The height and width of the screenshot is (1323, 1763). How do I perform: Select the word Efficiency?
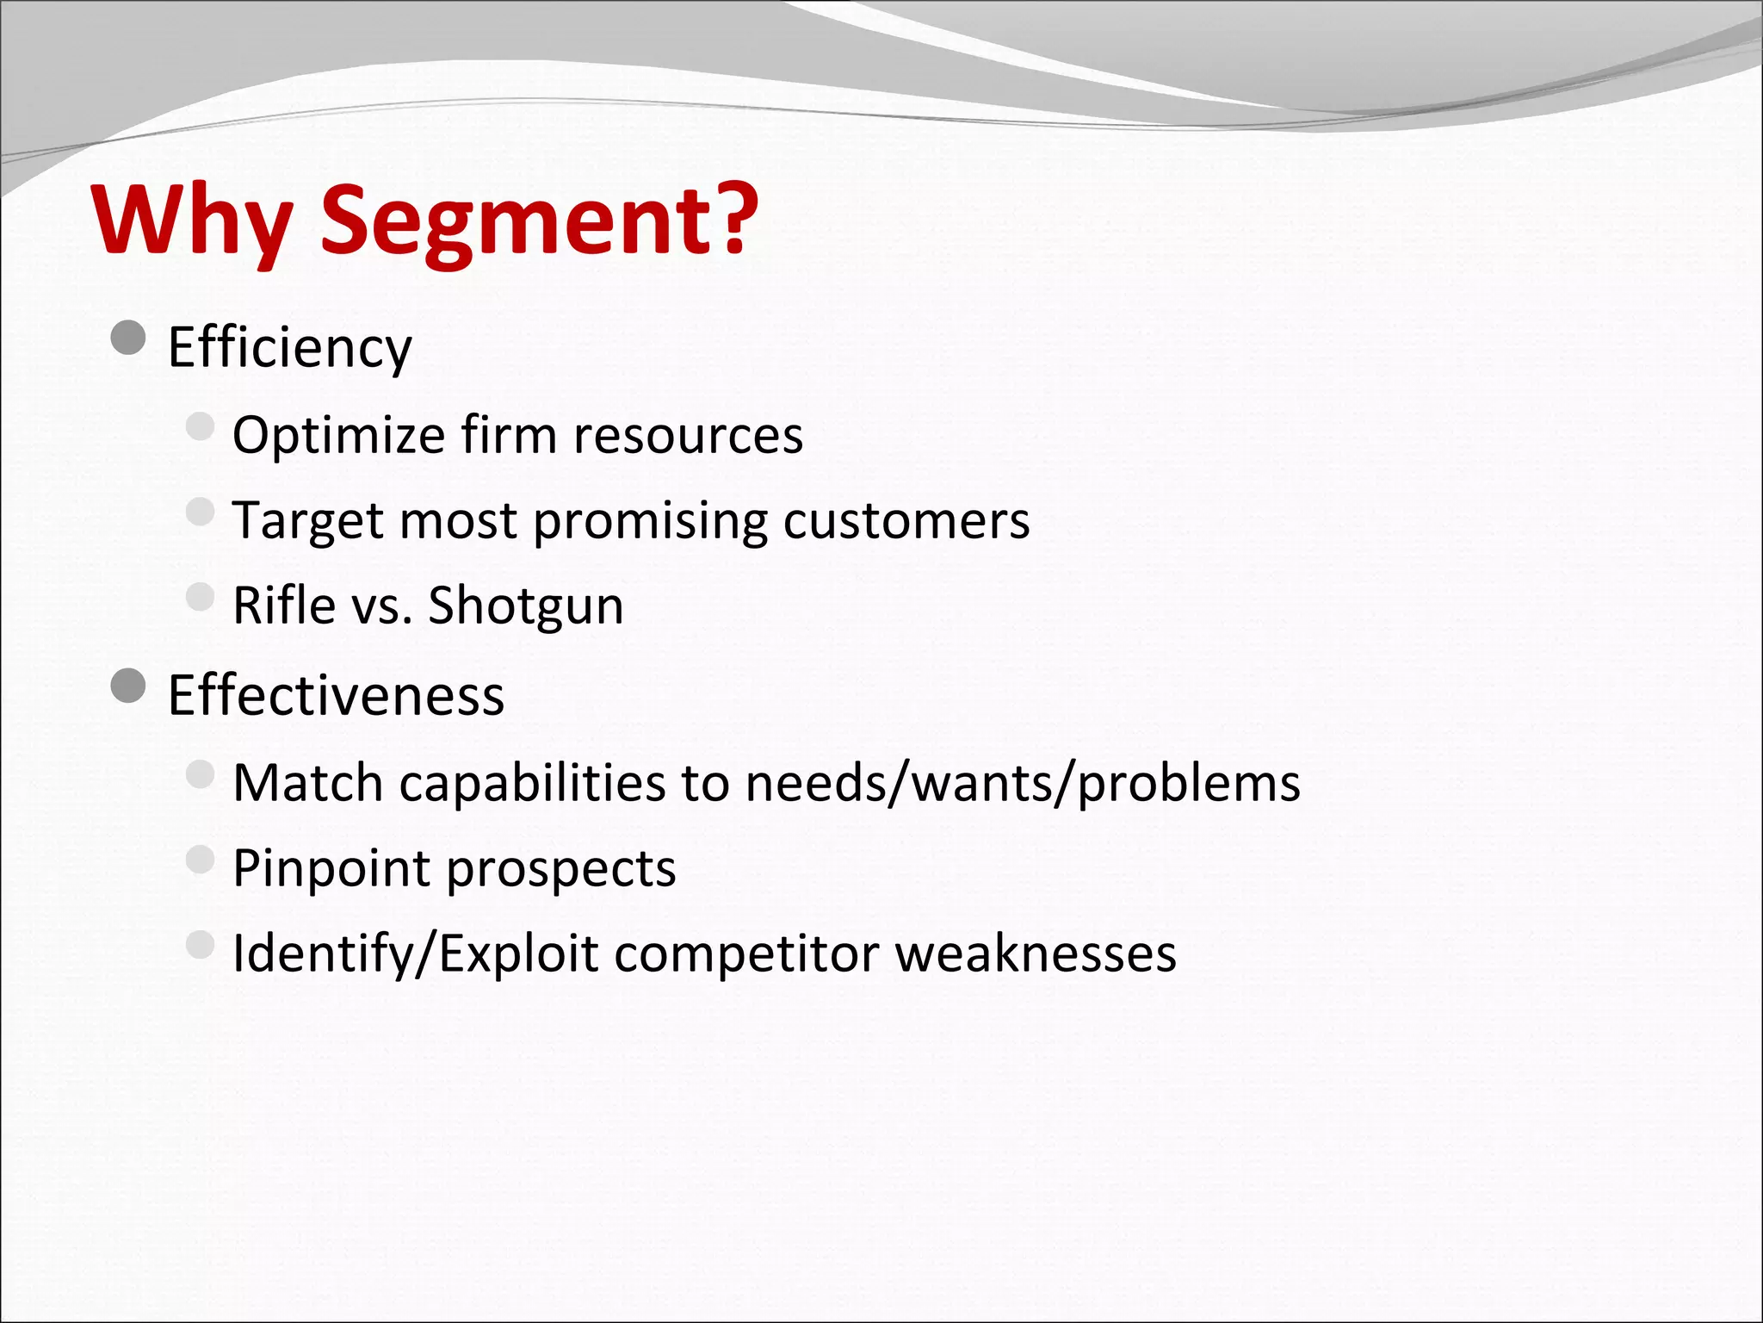pos(289,348)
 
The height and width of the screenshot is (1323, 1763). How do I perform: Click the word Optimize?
pos(338,435)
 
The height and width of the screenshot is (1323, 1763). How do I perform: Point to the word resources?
pos(688,435)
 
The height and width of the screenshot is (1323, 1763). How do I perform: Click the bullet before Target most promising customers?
pos(200,512)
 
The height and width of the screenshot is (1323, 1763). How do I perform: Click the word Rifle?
pos(284,606)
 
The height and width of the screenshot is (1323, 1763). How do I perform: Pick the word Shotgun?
pos(525,606)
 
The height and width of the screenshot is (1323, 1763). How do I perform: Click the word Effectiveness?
pos(336,696)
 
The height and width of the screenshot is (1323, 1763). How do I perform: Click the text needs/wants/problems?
pos(1023,783)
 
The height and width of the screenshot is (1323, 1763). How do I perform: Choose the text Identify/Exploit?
pos(415,954)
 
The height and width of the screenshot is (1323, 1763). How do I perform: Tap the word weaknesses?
pos(1036,954)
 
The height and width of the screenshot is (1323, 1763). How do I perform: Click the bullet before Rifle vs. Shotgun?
pos(200,596)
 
